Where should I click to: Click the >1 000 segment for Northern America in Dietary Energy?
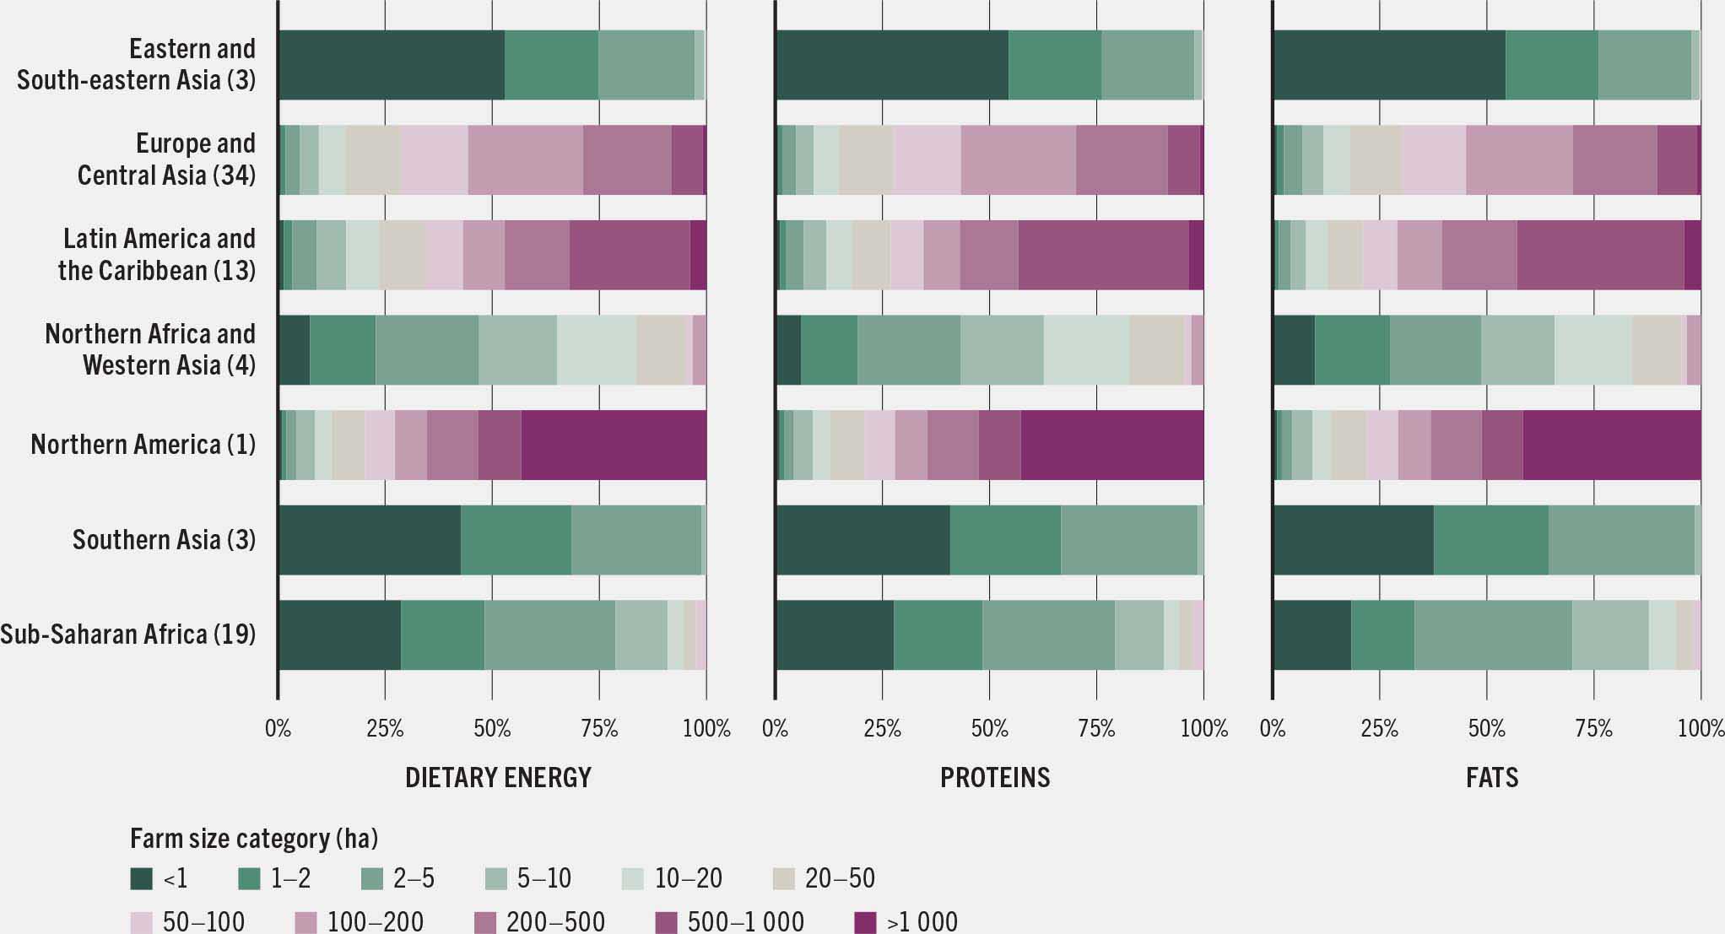coord(614,445)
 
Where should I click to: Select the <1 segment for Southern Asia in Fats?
coord(1353,540)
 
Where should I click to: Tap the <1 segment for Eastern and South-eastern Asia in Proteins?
coord(892,65)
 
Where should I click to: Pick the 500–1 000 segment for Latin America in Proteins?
coord(1103,255)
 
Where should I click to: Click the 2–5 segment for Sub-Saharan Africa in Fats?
coord(1493,634)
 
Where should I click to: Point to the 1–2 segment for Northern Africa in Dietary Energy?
coord(343,350)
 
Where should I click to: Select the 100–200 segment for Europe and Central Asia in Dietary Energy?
coord(525,160)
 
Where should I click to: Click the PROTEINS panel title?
coord(995,777)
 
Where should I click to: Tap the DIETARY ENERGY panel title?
coord(498,777)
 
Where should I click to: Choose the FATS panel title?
coord(1491,777)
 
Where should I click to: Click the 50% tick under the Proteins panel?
coord(989,728)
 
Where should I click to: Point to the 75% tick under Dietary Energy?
coord(599,728)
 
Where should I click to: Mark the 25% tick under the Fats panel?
coord(1379,728)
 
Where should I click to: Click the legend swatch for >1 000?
coord(866,922)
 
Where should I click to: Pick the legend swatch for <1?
coord(141,878)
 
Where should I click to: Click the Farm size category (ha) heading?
coord(254,839)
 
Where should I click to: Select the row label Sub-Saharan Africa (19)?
coord(127,634)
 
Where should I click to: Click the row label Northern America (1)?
coord(143,445)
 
